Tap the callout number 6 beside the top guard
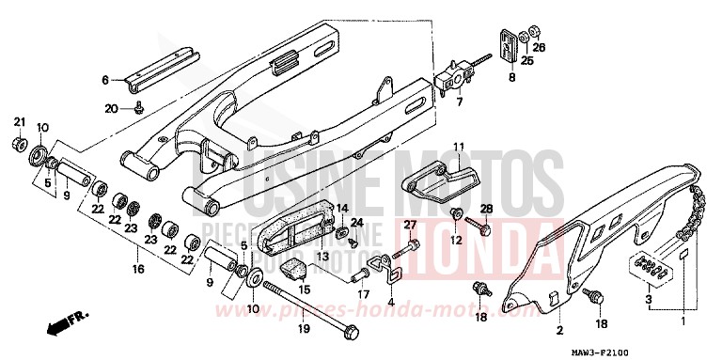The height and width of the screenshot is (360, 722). (105, 80)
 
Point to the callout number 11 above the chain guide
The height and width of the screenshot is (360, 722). (460, 147)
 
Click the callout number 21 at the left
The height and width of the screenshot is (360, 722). (18, 124)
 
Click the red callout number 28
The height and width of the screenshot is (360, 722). (486, 208)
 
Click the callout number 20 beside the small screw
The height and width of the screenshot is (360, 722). (112, 109)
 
